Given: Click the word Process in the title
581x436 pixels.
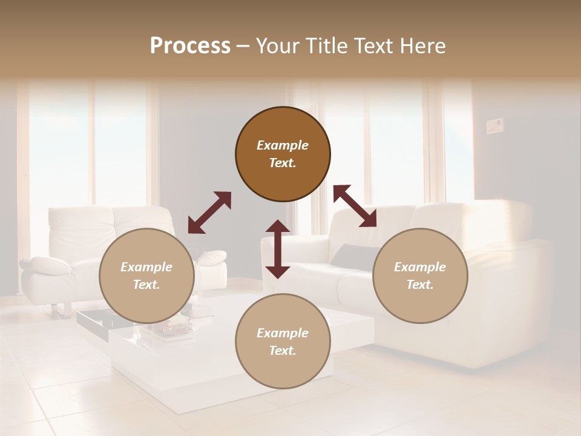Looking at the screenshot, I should pyautogui.click(x=190, y=46).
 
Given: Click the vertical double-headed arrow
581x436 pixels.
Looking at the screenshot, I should pyautogui.click(x=278, y=249).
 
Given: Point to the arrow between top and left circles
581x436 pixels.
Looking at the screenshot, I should pyautogui.click(x=209, y=213).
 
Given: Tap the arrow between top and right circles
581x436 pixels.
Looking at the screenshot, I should pyautogui.click(x=355, y=206).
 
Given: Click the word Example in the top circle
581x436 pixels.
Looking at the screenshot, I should pyautogui.click(x=283, y=145).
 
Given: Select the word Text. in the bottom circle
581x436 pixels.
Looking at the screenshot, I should pyautogui.click(x=283, y=351).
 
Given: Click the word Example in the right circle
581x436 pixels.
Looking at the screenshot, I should pyautogui.click(x=420, y=267).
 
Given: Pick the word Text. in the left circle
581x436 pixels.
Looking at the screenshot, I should pyautogui.click(x=146, y=285).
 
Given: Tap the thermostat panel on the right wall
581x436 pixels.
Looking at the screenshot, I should pyautogui.click(x=496, y=126).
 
